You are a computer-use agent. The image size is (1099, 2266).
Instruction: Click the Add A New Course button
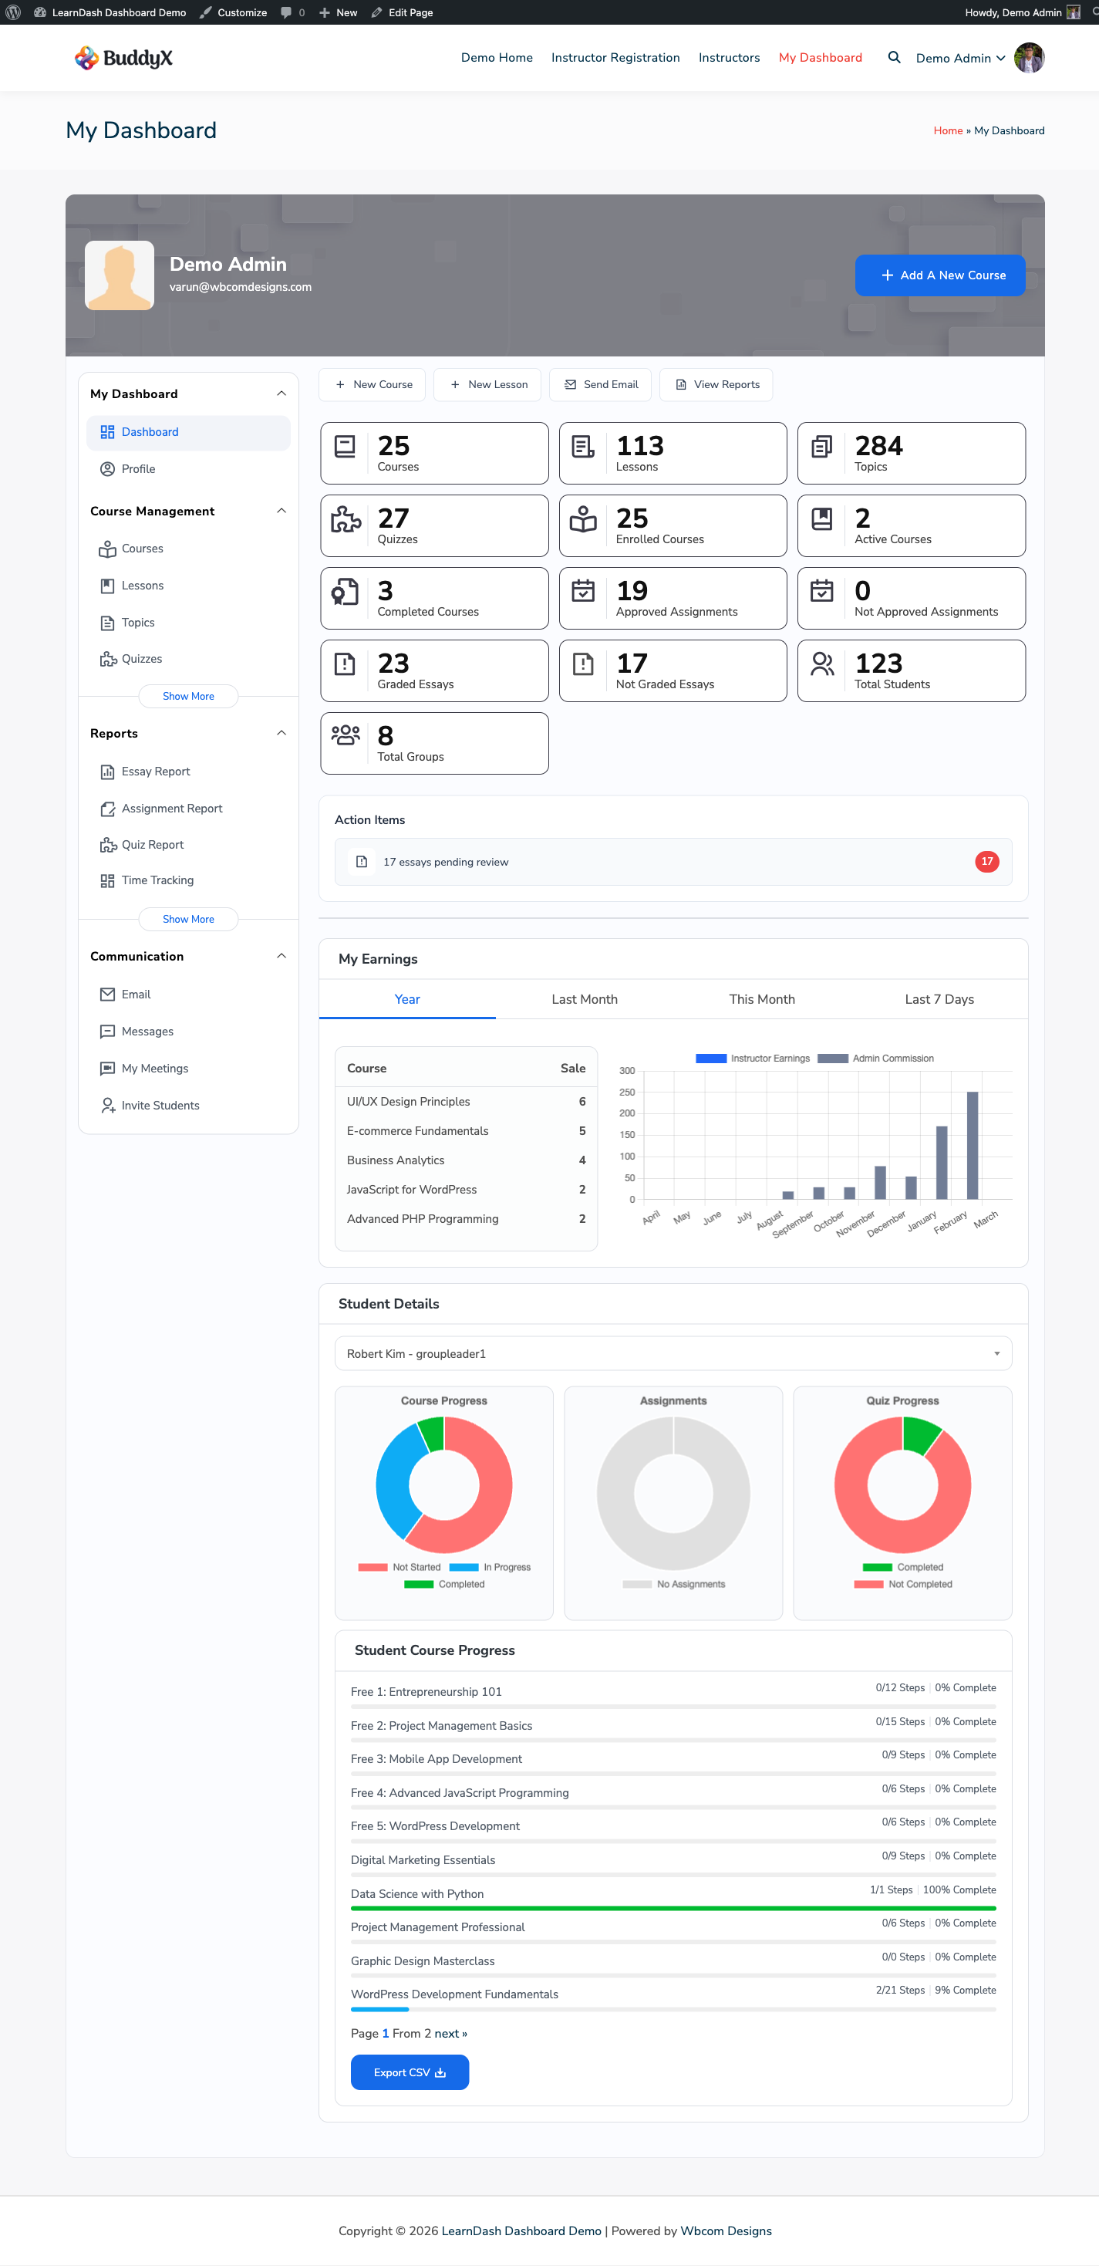[x=940, y=275]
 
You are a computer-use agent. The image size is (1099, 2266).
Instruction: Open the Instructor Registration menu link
[x=615, y=58]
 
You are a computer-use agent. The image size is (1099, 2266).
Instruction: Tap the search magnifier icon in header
[x=893, y=58]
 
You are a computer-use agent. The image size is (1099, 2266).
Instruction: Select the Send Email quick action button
[x=601, y=385]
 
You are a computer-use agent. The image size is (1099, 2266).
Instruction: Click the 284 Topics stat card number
[x=878, y=446]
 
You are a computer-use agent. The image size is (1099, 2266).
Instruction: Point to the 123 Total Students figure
[x=878, y=664]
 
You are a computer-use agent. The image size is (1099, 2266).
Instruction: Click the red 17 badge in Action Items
[x=986, y=862]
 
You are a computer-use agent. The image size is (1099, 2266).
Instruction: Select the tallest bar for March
[x=972, y=1144]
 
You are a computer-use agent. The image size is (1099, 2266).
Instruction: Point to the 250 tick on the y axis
[x=627, y=1092]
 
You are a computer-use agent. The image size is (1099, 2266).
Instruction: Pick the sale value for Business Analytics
[x=582, y=1160]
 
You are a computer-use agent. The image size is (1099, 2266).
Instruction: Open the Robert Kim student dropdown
[x=673, y=1354]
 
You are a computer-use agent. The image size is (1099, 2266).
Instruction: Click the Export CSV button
[x=409, y=2072]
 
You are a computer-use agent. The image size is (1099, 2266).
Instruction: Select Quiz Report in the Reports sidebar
[x=152, y=846]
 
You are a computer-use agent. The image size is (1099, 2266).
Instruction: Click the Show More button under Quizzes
[x=188, y=697]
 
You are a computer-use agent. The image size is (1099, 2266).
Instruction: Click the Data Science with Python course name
[x=416, y=1894]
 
